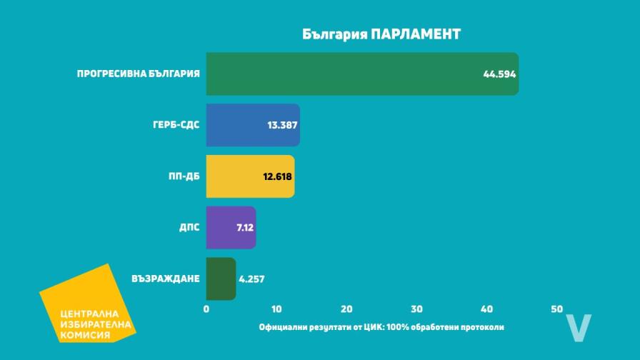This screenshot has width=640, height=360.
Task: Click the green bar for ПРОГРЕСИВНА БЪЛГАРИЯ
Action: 343,74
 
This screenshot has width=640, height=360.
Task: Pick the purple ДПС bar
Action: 221,228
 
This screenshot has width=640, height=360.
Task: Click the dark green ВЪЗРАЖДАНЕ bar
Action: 220,279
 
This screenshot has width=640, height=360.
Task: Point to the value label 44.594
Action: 499,74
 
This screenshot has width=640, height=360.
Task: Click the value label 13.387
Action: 281,125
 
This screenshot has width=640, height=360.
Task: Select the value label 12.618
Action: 276,176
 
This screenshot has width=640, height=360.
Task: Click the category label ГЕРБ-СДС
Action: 176,125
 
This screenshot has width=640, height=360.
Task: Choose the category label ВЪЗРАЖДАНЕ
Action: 166,279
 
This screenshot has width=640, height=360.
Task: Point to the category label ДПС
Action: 189,228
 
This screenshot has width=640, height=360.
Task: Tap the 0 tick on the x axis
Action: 206,309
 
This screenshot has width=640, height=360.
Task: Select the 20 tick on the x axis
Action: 346,309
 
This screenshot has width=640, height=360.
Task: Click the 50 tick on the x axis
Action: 557,309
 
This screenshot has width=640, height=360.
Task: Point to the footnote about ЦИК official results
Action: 381,327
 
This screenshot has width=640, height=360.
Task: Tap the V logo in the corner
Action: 578,326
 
